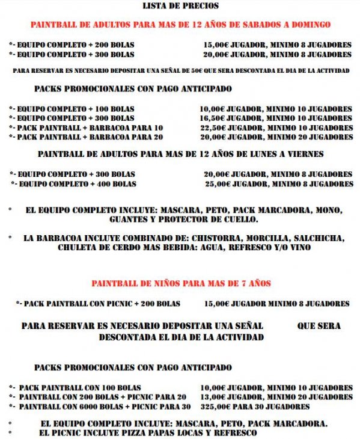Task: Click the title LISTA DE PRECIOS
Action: [180, 6]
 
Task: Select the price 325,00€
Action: [215, 407]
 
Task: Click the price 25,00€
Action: [217, 183]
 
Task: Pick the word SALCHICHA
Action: [316, 238]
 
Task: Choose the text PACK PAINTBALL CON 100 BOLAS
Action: [79, 388]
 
